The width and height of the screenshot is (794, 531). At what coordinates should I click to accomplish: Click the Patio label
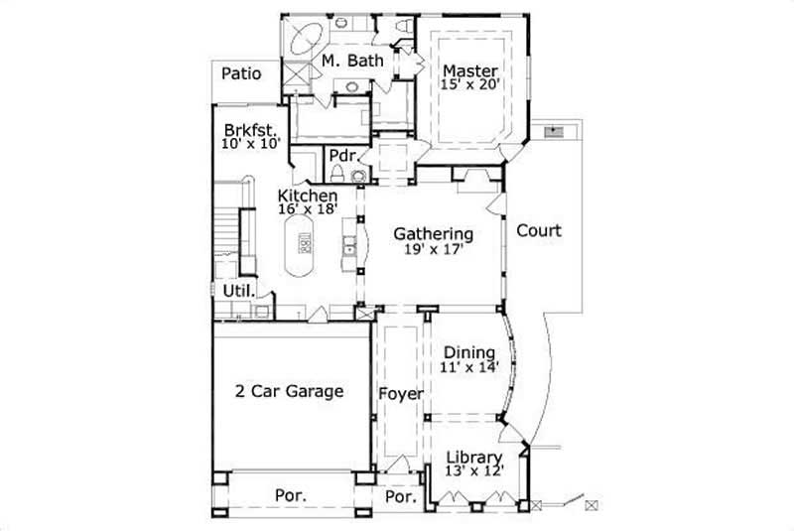point(241,72)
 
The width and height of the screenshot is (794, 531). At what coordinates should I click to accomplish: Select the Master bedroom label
point(469,70)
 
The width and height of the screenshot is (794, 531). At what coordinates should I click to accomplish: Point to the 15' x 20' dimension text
point(468,84)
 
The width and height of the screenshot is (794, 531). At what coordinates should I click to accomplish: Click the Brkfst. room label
point(249,129)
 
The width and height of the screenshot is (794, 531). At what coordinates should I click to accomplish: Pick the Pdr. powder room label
point(343,156)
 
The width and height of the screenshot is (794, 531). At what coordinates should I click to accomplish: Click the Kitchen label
point(308,196)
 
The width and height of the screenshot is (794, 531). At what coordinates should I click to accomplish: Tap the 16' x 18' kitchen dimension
point(308,209)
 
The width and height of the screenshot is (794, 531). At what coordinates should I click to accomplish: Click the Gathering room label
point(433,234)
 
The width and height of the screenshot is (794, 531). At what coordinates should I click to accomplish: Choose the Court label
point(539,231)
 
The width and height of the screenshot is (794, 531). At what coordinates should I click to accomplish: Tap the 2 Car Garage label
point(289,391)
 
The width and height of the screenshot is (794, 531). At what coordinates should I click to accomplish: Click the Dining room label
point(468,352)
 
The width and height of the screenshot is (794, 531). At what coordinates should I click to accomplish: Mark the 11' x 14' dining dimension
point(468,366)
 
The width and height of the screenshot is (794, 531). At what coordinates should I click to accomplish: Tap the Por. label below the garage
point(290,494)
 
